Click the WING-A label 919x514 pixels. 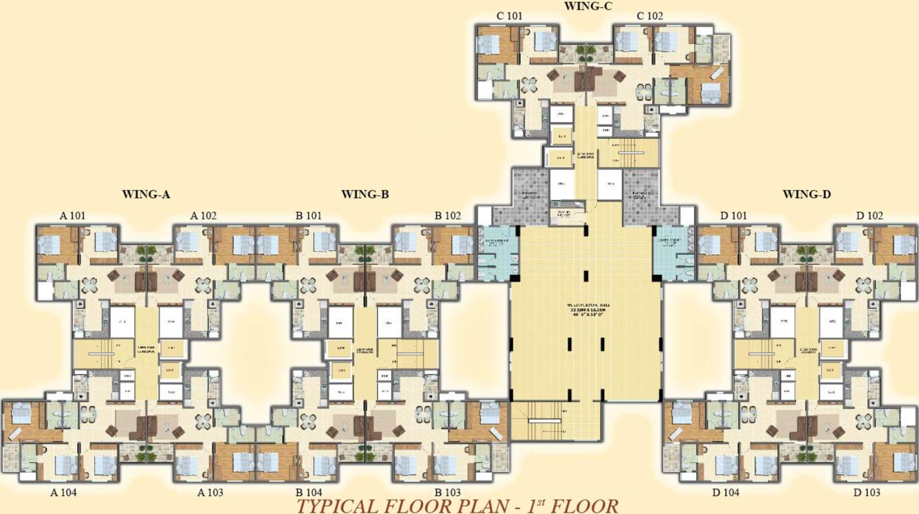146,195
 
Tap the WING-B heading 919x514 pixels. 365,195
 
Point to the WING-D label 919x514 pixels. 807,195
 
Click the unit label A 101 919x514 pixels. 72,216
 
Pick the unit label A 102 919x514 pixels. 204,216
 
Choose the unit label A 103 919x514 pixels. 210,493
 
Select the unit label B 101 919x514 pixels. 309,216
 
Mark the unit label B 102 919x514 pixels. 448,216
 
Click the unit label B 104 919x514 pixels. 309,493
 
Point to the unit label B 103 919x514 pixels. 448,493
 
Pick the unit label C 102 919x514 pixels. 650,16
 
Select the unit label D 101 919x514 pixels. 733,216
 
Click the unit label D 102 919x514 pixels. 869,216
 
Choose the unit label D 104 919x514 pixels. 726,493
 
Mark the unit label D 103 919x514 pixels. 867,493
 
